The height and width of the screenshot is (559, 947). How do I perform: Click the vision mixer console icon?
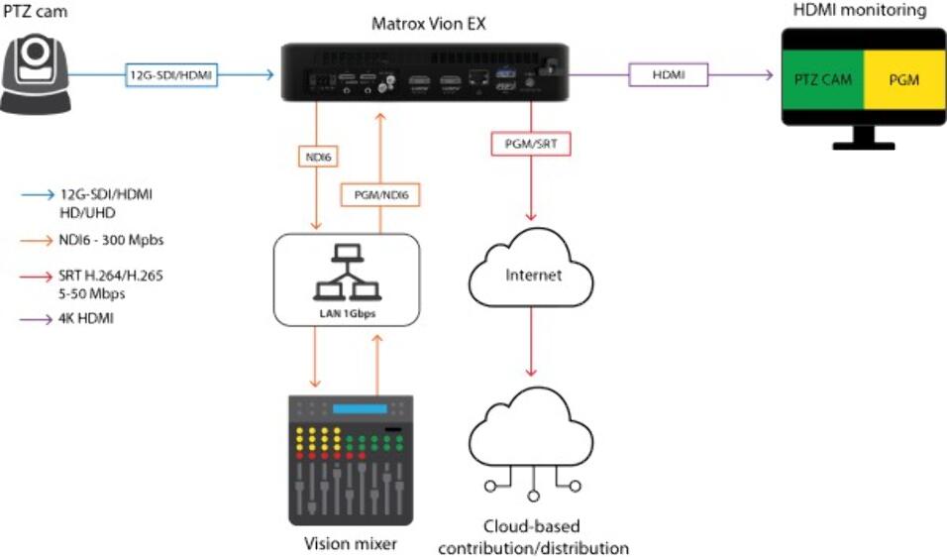pyautogui.click(x=350, y=460)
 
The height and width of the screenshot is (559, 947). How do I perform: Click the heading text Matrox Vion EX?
pyautogui.click(x=427, y=22)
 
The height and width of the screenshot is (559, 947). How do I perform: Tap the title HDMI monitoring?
pyautogui.click(x=860, y=11)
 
